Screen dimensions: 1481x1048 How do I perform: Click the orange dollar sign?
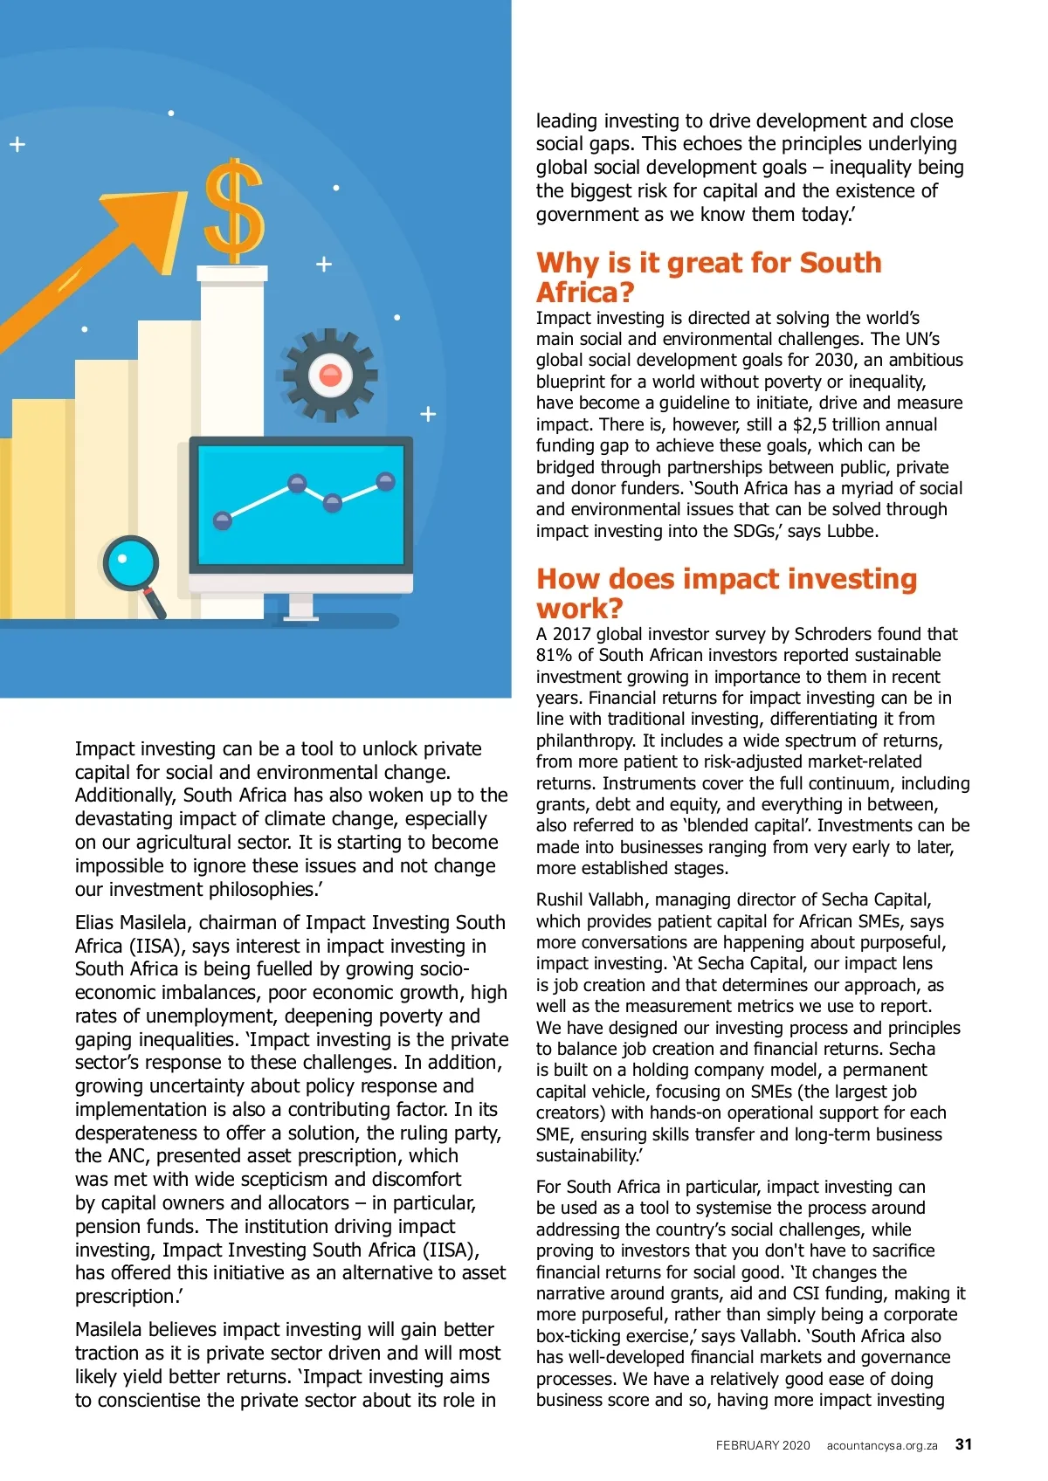233,211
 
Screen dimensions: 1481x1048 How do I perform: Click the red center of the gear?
330,375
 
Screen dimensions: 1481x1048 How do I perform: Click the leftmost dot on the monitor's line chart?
223,520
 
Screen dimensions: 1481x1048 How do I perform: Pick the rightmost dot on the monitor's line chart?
385,481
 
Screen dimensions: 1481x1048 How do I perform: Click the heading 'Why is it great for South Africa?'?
708,277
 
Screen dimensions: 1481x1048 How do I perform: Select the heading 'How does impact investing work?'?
726,593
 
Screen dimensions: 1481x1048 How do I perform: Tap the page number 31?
963,1444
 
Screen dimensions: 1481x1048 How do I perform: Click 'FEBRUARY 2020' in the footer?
762,1445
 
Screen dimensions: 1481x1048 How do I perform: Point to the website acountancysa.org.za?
882,1445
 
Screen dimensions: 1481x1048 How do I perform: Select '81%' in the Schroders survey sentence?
552,655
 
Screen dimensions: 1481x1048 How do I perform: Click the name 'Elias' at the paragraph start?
94,922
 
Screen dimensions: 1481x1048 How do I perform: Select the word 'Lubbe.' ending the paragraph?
853,531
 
